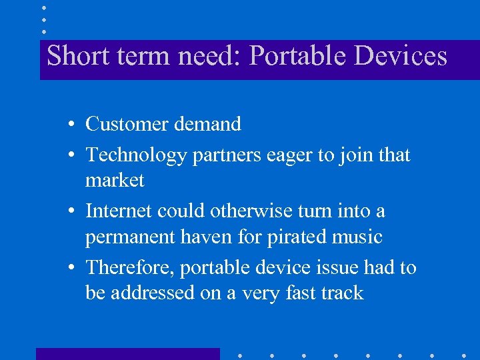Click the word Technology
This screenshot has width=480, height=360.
pyautogui.click(x=136, y=155)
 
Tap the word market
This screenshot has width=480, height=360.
pyautogui.click(x=115, y=180)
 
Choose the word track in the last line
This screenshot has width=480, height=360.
pyautogui.click(x=341, y=293)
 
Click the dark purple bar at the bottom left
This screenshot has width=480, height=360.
pyautogui.click(x=127, y=353)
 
